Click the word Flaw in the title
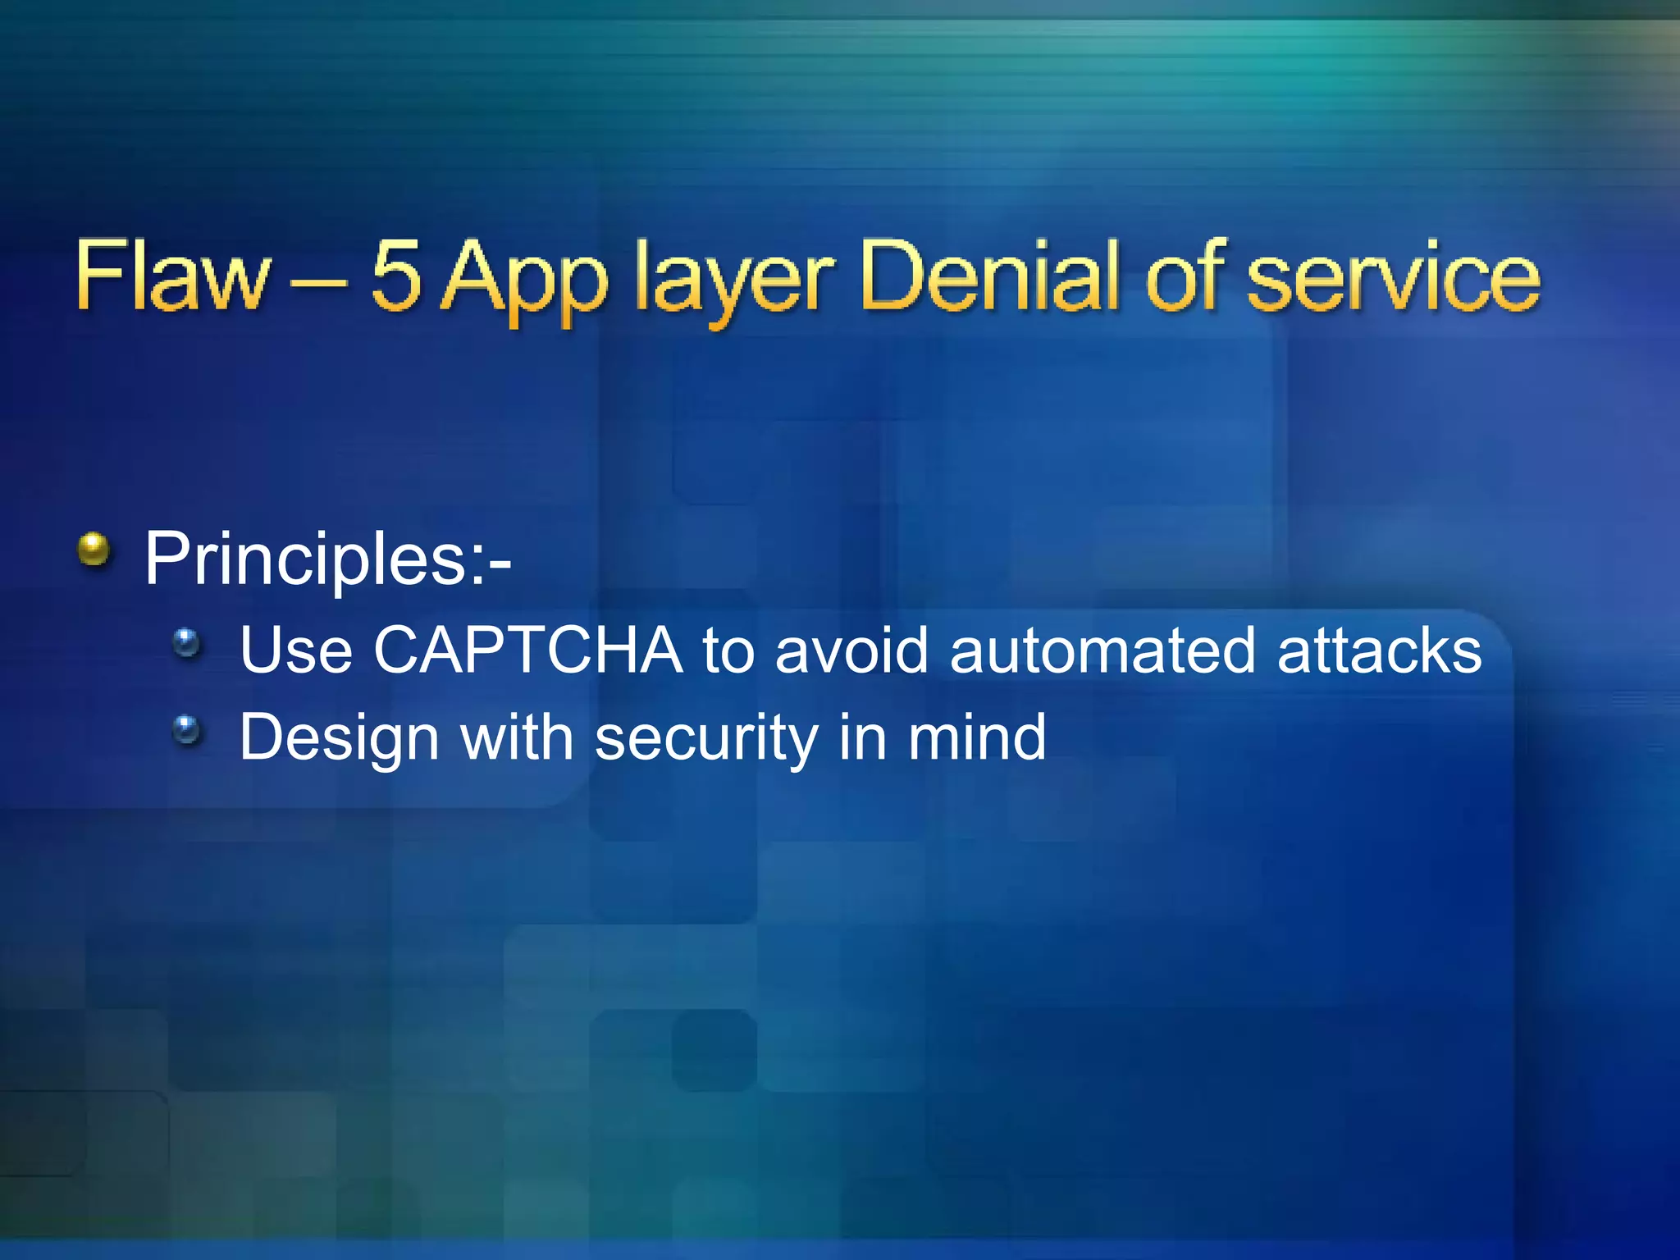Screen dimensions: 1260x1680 172,276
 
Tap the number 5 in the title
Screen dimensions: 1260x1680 396,276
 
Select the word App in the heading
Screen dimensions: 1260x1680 525,279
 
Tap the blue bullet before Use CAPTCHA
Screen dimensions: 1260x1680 187,642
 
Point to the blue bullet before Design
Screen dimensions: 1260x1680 187,729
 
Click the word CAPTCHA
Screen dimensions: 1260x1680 527,651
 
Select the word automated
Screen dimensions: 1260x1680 1102,651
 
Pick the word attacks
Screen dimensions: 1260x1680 1379,651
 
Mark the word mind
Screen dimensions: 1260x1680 976,737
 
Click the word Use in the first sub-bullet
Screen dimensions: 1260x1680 296,651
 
